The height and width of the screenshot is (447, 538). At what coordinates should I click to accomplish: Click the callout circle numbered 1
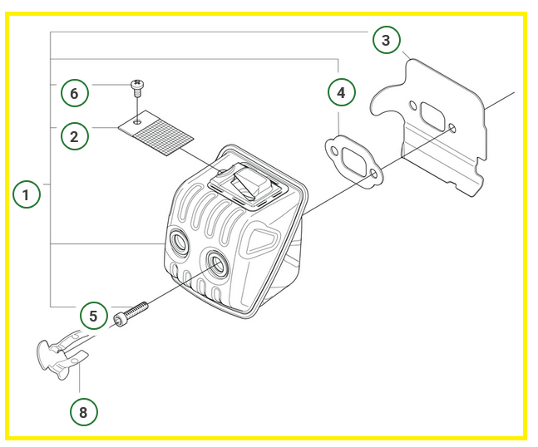(x=27, y=196)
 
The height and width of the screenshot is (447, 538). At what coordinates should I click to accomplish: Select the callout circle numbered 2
(x=74, y=136)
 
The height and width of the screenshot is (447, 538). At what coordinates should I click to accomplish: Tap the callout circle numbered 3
(x=385, y=39)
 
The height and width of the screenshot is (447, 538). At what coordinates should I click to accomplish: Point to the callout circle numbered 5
(x=93, y=317)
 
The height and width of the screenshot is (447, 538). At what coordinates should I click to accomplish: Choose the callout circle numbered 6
(x=74, y=93)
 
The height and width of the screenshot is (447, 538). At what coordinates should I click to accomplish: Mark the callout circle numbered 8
(x=83, y=411)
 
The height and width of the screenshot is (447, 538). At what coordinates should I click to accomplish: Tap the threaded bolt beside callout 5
(x=133, y=313)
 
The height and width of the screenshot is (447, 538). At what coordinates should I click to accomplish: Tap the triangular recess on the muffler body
(x=259, y=242)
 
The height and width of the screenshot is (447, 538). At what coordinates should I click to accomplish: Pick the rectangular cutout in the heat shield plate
(x=432, y=115)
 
